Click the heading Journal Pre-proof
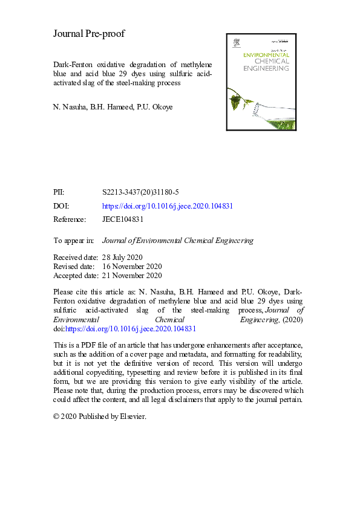89,34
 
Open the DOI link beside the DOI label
168,206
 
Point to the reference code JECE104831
123,219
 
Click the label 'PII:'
60,192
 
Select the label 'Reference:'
70,219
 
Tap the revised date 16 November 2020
132,266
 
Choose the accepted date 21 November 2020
132,276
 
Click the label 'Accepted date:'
76,276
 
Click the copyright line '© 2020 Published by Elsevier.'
100,417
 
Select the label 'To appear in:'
74,240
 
